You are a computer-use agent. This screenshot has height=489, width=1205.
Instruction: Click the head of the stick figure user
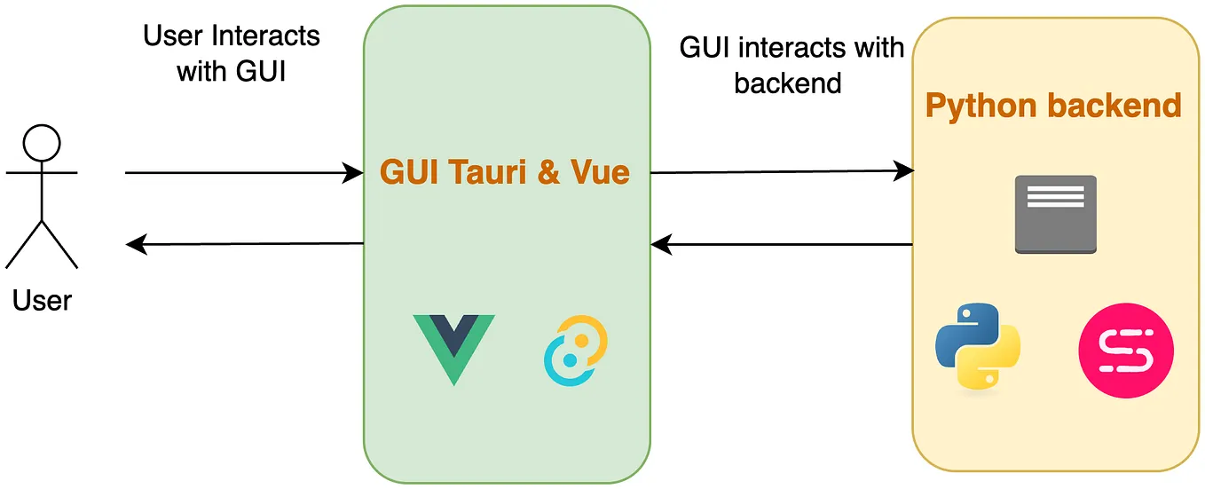[42, 142]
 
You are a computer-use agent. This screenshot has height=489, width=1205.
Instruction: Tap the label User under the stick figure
[42, 301]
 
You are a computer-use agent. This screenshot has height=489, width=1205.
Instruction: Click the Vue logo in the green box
[453, 347]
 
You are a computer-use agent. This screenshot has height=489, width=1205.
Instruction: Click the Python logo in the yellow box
[978, 347]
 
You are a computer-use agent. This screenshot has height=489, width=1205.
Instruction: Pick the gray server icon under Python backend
[1055, 214]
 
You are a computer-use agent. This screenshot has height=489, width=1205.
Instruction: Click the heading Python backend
[1053, 106]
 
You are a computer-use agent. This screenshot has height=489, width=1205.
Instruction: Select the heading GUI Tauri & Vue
[505, 171]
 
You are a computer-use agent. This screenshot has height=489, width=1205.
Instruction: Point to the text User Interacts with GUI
[232, 53]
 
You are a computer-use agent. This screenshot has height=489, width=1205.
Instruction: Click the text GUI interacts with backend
[792, 64]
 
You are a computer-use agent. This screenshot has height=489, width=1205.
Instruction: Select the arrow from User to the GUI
[244, 173]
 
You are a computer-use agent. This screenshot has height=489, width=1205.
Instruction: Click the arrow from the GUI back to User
[244, 243]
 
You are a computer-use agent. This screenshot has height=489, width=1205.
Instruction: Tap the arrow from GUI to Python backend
[781, 172]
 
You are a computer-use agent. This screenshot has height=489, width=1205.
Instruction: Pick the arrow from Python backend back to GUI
[781, 243]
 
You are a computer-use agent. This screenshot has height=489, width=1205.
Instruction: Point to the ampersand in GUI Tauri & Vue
[548, 171]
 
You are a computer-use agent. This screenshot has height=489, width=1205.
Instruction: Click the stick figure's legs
[42, 241]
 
